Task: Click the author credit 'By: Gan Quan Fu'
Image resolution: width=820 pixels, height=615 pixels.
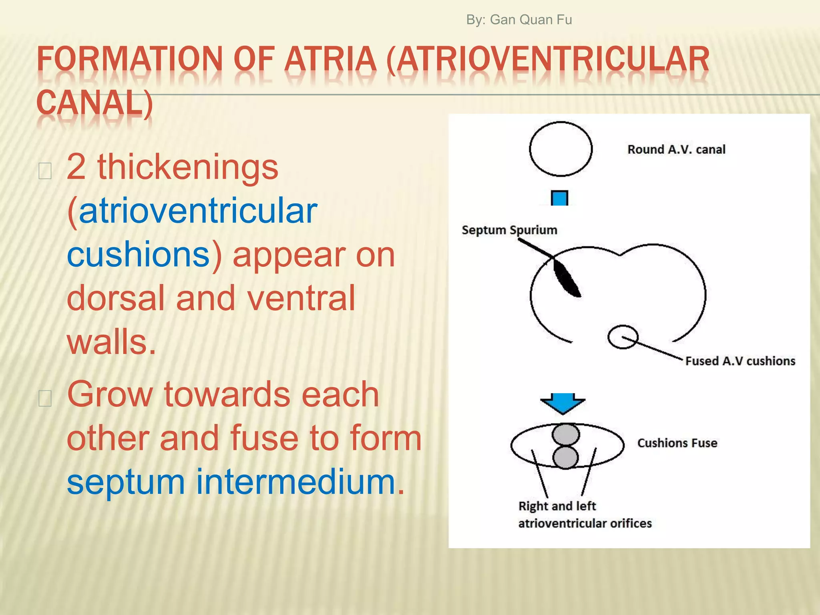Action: (519, 20)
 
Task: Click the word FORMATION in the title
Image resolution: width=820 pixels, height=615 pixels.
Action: (129, 59)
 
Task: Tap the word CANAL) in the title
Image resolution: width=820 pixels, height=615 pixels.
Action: (94, 103)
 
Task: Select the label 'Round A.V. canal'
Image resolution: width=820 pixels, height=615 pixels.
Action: (676, 150)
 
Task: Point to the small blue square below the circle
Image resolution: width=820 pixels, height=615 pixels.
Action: (559, 198)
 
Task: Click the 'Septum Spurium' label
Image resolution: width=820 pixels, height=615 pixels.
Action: (509, 230)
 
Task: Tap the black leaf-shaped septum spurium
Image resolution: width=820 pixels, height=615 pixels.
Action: (567, 278)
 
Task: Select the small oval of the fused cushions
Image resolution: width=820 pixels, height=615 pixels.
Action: (623, 337)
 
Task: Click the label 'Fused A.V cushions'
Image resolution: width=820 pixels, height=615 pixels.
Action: (740, 361)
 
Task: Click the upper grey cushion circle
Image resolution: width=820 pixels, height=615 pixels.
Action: (565, 434)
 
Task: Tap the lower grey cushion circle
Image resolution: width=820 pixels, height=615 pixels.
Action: (565, 457)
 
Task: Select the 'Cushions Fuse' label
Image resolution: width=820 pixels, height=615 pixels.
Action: (677, 443)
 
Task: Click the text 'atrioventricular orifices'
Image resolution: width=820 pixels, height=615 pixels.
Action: (585, 524)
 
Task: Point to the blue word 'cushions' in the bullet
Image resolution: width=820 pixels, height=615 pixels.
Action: (138, 255)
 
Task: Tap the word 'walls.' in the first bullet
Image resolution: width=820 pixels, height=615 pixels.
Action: (111, 342)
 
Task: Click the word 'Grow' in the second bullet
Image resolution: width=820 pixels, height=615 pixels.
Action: (110, 395)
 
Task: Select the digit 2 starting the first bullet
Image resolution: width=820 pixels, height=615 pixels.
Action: (76, 167)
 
